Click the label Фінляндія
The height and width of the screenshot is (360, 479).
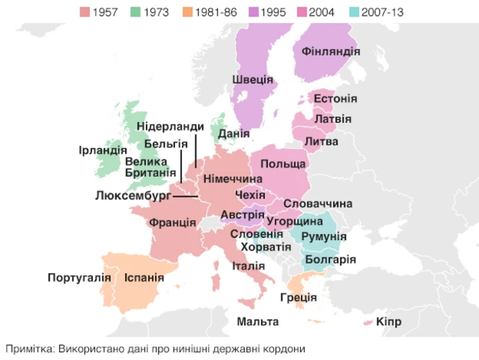331,52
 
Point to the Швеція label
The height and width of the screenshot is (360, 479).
252,79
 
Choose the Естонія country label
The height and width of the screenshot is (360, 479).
335,99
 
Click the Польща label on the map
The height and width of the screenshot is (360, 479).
283,164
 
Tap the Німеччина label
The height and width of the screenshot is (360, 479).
233,180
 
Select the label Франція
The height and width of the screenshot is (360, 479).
172,223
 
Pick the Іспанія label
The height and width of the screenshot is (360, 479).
144,278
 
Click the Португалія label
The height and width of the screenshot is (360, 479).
79,278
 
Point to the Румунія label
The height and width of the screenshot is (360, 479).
323,237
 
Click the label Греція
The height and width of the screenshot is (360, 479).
299,297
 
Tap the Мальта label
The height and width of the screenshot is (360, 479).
257,322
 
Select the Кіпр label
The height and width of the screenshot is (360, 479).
389,322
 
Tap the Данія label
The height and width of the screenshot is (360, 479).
234,134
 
